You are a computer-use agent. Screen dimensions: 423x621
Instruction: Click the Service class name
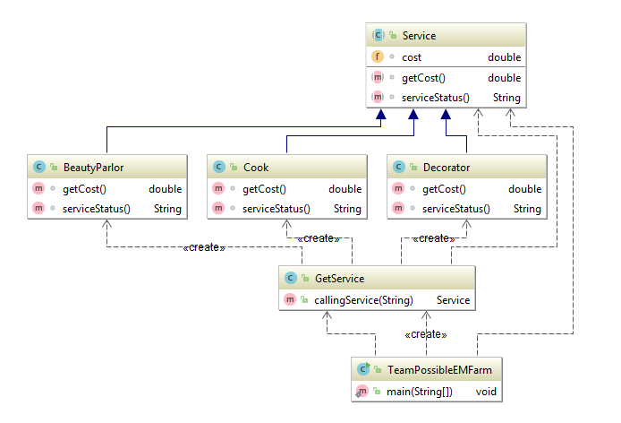tap(419, 35)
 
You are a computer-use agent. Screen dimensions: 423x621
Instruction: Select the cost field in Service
tap(412, 57)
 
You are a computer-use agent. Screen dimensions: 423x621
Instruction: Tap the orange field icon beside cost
tap(378, 57)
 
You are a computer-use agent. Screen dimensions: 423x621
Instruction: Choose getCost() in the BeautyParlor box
tap(85, 189)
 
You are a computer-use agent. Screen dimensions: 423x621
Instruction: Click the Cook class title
tap(256, 167)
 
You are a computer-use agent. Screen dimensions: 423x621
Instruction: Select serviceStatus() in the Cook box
tap(276, 209)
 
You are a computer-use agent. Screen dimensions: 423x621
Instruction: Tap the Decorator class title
tap(446, 167)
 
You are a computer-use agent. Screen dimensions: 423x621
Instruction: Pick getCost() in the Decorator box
tap(444, 189)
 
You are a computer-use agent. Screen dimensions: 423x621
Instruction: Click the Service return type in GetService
tap(453, 300)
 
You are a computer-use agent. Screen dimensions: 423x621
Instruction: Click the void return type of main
tap(486, 391)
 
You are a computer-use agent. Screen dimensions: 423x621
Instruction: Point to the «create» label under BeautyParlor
tap(203, 247)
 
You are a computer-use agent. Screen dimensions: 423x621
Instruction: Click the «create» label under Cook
tap(319, 238)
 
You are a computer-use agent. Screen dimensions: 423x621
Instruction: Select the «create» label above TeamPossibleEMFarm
tap(426, 334)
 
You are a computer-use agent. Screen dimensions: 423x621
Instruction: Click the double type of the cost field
tap(504, 57)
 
